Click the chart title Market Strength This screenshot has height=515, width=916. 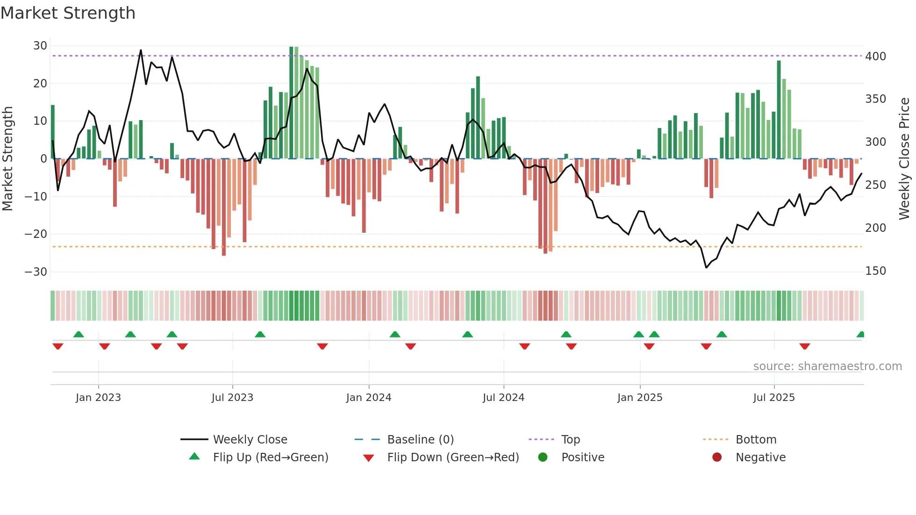(x=68, y=13)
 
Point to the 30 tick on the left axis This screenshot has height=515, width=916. (x=40, y=46)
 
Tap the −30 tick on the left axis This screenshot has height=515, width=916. (x=36, y=272)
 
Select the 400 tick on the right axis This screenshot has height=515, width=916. (x=875, y=57)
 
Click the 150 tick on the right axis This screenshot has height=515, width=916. (x=875, y=271)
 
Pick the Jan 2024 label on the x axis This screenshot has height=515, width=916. (x=368, y=398)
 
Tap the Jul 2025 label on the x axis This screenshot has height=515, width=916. (x=773, y=398)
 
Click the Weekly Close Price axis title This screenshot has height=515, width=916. (x=904, y=159)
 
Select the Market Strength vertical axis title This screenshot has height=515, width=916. (x=7, y=159)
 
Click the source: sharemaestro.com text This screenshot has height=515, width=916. (x=827, y=366)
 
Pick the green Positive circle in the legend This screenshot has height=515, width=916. (x=543, y=457)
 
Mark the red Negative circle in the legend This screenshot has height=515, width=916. (x=716, y=457)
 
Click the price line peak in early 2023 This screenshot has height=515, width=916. (x=141, y=50)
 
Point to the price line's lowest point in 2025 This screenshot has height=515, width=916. (x=706, y=268)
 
